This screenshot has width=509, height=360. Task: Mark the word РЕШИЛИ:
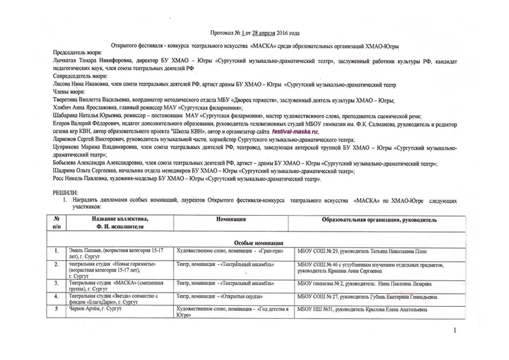[66, 192]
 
